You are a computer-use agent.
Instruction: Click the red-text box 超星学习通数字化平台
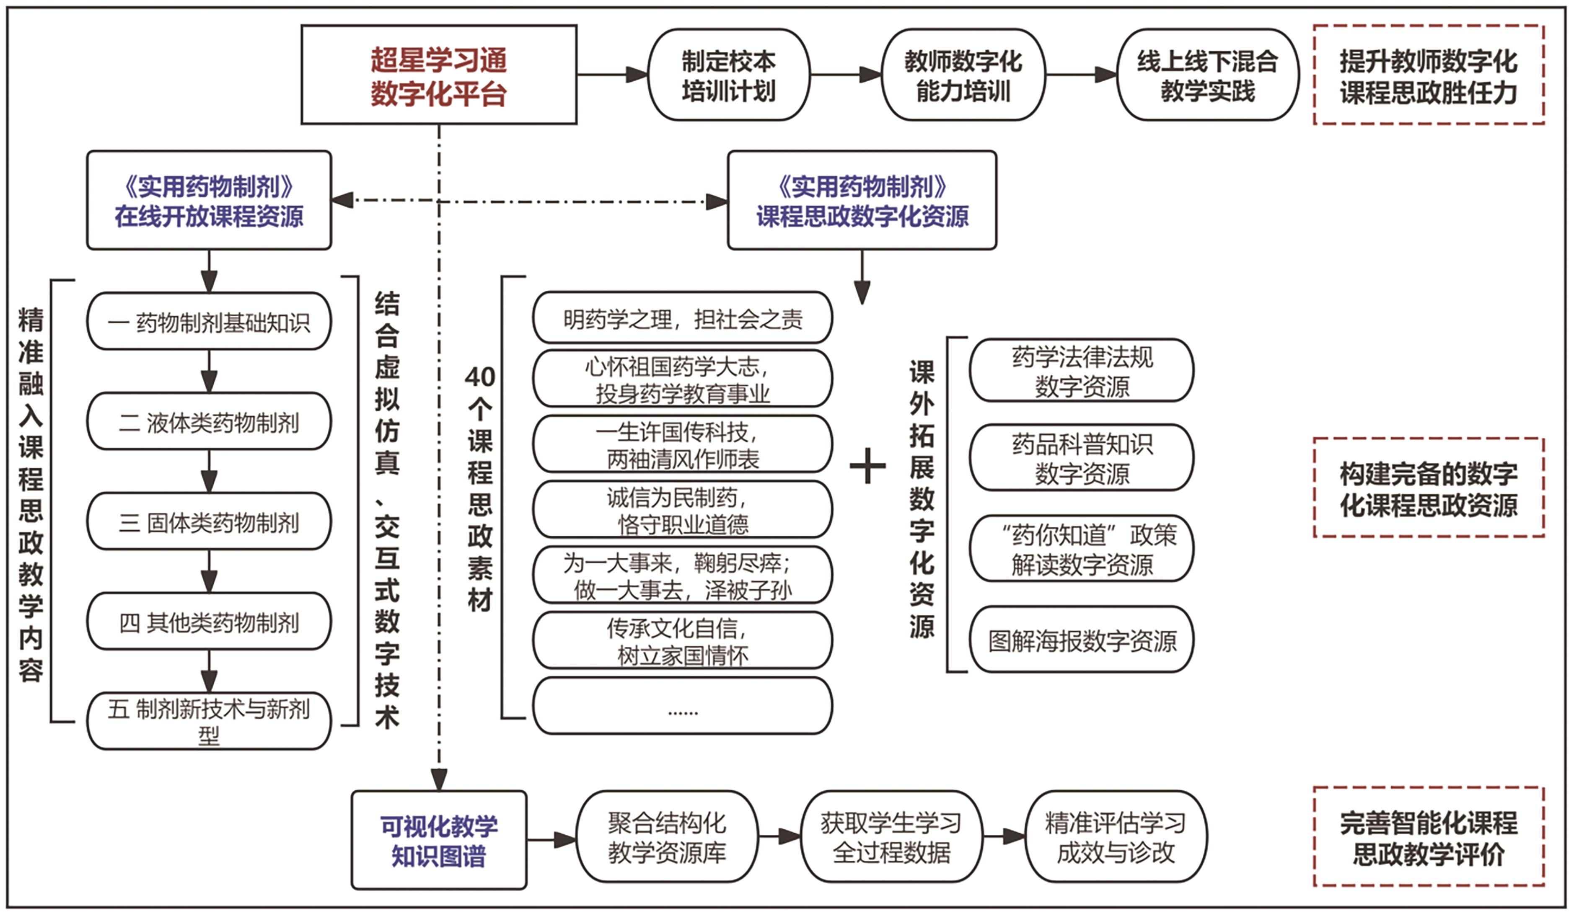click(x=438, y=75)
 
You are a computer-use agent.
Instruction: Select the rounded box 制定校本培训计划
click(x=728, y=75)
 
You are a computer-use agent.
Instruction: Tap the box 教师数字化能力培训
click(x=963, y=75)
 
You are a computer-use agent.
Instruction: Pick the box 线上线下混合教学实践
click(x=1207, y=75)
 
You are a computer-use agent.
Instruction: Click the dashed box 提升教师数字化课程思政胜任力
click(x=1429, y=75)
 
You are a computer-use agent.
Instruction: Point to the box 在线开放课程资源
click(x=209, y=201)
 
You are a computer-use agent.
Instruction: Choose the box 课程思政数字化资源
click(x=862, y=201)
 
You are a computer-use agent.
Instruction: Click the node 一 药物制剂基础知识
click(x=209, y=322)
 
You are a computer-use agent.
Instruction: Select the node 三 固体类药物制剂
click(x=209, y=521)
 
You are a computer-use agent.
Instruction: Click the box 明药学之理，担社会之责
click(x=682, y=318)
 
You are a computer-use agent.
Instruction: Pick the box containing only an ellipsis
click(x=682, y=706)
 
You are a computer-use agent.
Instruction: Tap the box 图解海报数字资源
click(x=1081, y=640)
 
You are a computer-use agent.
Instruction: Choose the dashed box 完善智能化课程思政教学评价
click(x=1429, y=837)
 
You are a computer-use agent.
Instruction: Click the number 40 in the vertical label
click(x=480, y=377)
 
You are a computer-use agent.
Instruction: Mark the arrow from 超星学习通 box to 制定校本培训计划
click(x=612, y=75)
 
